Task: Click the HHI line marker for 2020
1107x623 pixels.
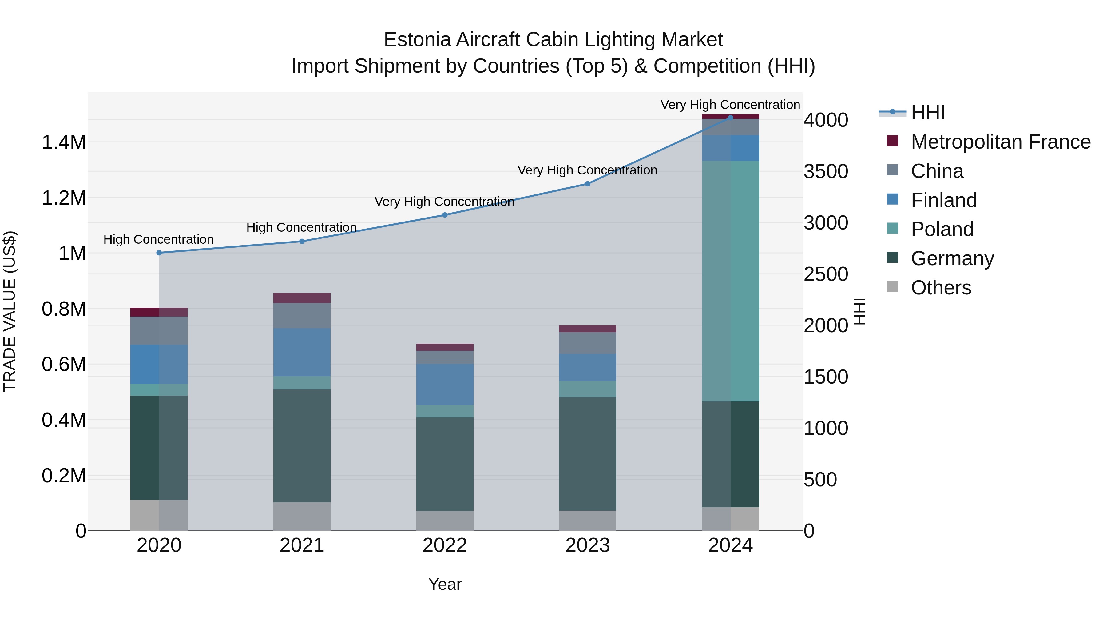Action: (159, 253)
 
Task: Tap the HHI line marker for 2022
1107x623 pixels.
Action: (445, 215)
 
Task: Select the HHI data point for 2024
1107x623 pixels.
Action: (731, 118)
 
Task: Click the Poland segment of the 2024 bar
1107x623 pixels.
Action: (731, 281)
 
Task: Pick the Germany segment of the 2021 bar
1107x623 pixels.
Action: (302, 445)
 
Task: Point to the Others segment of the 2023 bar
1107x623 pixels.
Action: (587, 520)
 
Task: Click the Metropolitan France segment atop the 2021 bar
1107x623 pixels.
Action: (302, 298)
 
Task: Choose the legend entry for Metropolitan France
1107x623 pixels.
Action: (1000, 142)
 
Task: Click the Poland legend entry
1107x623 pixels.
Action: (942, 229)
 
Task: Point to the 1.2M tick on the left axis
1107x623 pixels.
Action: (64, 198)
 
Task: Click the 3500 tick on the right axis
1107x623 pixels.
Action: (826, 172)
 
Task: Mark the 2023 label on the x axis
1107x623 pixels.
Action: (587, 545)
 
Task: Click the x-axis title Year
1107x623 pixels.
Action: (445, 584)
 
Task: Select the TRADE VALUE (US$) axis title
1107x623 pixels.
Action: (10, 311)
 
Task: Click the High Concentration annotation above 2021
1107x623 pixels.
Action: (301, 227)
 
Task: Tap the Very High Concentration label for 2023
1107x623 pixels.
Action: (587, 170)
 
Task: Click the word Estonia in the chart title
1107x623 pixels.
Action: (417, 40)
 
